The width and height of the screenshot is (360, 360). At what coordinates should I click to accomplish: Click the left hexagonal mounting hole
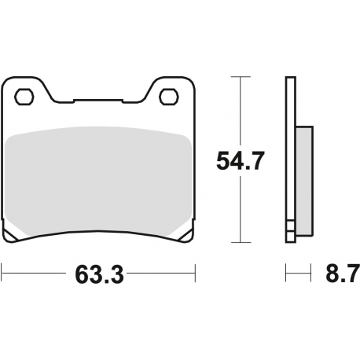click(x=24, y=97)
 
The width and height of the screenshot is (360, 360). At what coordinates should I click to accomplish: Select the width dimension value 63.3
click(x=99, y=276)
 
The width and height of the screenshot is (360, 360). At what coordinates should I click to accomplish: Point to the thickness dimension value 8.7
click(x=341, y=276)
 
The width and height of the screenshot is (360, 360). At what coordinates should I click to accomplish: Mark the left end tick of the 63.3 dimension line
click(x=2, y=276)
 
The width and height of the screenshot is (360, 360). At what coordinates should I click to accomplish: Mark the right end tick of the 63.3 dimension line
click(x=194, y=276)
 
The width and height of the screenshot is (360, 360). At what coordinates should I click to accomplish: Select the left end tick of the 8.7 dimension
click(x=286, y=276)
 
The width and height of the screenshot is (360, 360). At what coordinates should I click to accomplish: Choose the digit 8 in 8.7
click(x=332, y=276)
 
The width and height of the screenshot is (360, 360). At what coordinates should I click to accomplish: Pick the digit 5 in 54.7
click(x=224, y=163)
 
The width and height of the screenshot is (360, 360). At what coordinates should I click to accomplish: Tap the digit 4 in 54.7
click(x=239, y=163)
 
